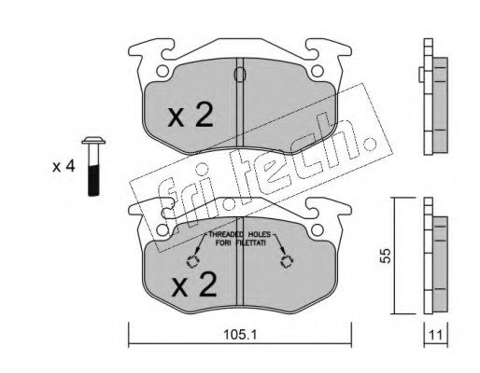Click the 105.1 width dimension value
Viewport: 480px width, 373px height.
tap(240, 335)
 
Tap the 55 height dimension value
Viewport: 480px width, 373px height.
tap(386, 256)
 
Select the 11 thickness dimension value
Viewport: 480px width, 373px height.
tap(436, 336)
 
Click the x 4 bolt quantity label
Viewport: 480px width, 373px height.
tap(64, 167)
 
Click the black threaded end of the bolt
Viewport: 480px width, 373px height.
tap(93, 181)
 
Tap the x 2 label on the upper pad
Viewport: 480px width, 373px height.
tap(191, 116)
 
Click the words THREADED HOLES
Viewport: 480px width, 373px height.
tap(240, 234)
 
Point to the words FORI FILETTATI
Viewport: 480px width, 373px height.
tap(241, 243)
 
